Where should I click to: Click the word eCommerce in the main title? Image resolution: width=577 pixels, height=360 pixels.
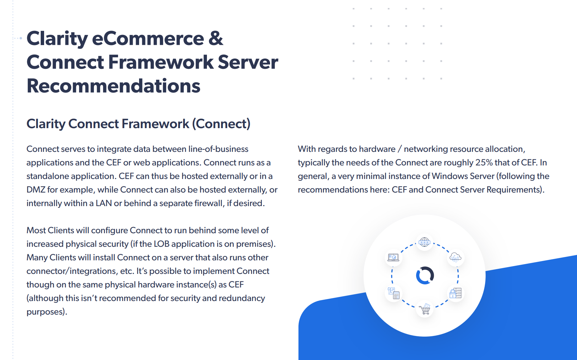(148, 38)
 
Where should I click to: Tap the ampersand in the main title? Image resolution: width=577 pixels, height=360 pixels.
(216, 38)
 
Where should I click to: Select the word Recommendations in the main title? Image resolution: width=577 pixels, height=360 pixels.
(113, 86)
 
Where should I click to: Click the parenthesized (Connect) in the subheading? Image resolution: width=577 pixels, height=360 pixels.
(221, 124)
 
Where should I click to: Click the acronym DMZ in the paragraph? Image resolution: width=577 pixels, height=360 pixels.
(36, 189)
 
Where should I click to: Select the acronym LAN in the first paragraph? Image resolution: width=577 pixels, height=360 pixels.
(103, 203)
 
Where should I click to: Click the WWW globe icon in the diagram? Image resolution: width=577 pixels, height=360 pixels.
(424, 242)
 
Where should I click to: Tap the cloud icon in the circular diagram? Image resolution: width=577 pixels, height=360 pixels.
(456, 257)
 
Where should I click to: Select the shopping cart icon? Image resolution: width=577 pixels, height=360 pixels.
(424, 309)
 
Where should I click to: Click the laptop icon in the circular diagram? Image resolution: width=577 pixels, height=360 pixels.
(393, 257)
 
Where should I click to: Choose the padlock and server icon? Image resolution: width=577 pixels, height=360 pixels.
(456, 293)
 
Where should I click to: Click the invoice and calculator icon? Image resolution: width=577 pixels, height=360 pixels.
(393, 293)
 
